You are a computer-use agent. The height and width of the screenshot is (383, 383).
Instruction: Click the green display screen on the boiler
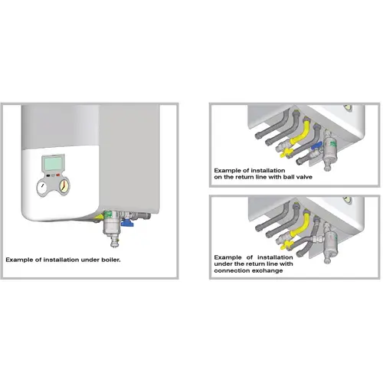53,162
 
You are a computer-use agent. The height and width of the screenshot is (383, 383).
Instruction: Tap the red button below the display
58,175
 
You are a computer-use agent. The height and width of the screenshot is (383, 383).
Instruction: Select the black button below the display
48,175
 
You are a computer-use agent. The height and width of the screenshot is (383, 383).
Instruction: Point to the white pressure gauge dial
42,188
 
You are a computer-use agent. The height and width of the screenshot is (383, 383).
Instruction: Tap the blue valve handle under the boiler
126,223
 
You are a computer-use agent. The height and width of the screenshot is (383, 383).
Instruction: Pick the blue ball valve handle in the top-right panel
316,146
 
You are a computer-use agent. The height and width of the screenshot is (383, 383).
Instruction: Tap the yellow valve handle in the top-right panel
286,153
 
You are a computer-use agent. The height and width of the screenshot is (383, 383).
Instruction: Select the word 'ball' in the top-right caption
288,177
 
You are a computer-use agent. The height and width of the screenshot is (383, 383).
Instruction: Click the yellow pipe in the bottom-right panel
300,225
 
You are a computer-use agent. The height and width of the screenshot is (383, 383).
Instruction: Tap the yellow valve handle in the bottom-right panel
286,245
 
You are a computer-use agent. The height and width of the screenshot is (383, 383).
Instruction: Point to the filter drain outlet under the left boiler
115,242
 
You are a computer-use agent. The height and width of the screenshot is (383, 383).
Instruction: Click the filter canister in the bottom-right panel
330,241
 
